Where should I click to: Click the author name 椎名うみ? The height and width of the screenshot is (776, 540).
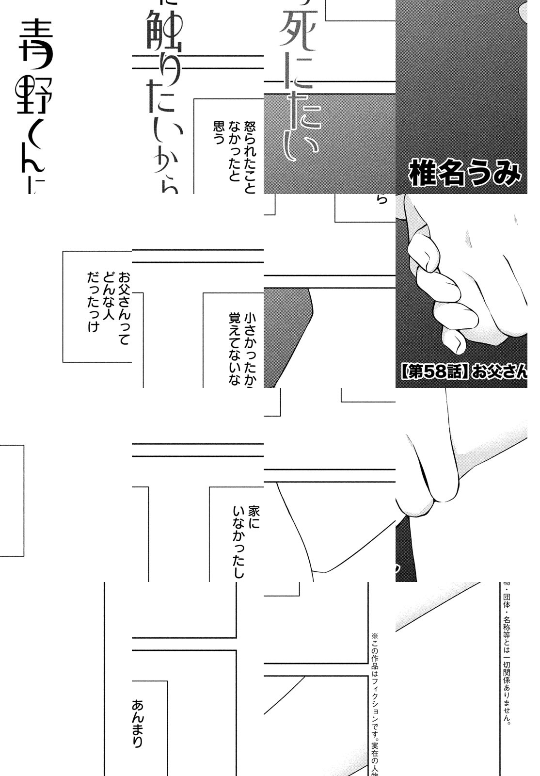click(464, 175)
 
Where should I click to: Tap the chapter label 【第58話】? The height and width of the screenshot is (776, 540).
click(434, 372)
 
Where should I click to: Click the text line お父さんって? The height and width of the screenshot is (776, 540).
click(124, 308)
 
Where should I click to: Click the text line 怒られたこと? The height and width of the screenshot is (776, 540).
click(250, 158)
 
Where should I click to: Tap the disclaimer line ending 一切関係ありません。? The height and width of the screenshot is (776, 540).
click(507, 655)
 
